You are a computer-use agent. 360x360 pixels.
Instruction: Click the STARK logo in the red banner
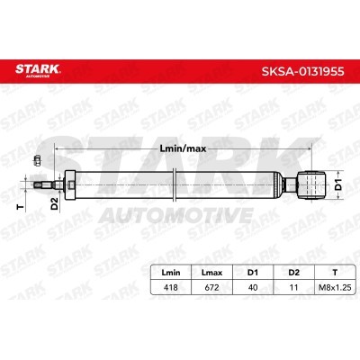[38, 70]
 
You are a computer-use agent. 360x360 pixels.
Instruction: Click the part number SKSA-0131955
[302, 72]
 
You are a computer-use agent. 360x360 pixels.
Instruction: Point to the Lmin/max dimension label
[183, 148]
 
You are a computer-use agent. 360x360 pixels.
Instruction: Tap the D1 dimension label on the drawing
[338, 184]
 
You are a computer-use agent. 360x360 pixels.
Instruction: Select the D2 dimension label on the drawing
[54, 203]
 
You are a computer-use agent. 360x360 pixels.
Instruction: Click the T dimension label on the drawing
[21, 207]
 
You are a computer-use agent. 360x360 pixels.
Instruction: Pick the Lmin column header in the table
[171, 273]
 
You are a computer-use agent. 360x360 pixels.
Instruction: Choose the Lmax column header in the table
[211, 273]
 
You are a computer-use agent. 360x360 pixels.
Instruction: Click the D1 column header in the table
[253, 273]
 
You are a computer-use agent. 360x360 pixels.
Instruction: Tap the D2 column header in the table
[293, 273]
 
